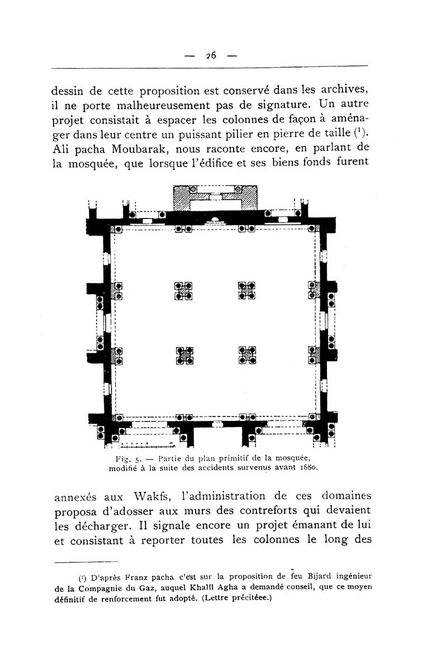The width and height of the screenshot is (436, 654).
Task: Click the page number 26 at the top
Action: pyautogui.click(x=211, y=55)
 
